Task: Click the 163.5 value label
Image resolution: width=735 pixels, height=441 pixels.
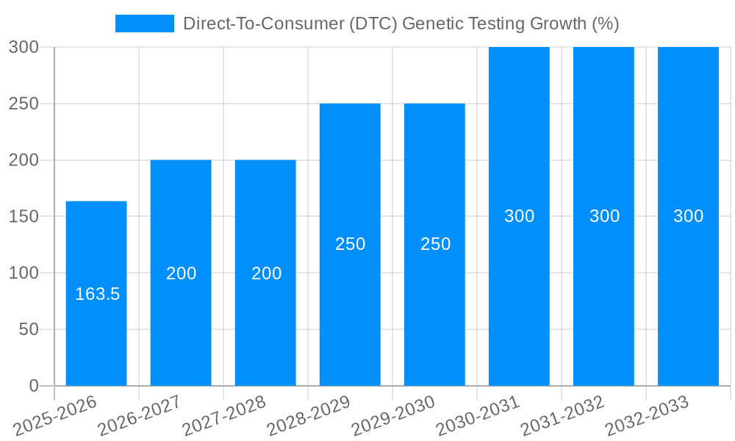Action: point(97,294)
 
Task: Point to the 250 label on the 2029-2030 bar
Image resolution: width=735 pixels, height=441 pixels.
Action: point(435,244)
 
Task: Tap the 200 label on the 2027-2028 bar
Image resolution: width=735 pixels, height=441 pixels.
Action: point(266,273)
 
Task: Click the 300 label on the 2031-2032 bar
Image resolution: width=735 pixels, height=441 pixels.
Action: point(604,216)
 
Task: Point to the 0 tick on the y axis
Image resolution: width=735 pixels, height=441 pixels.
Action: point(33,386)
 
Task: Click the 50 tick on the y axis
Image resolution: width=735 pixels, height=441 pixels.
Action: point(29,329)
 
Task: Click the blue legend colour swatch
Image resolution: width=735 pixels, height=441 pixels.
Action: point(145,24)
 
